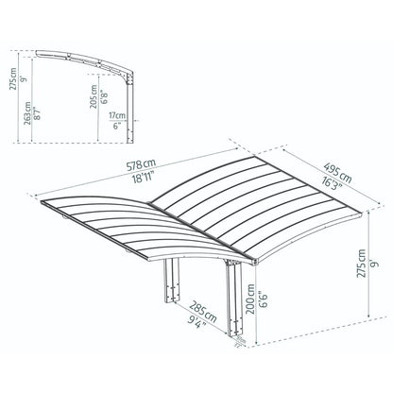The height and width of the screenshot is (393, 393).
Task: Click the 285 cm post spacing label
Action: [198, 307]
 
